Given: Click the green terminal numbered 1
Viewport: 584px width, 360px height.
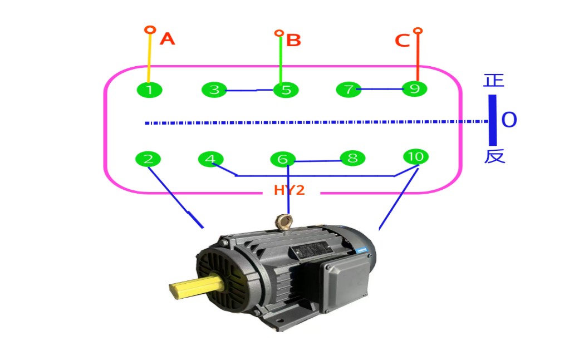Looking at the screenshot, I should pyautogui.click(x=149, y=90).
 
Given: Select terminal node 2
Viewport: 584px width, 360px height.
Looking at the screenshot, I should pyautogui.click(x=148, y=159).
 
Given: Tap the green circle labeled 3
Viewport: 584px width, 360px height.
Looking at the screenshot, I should pyautogui.click(x=214, y=90).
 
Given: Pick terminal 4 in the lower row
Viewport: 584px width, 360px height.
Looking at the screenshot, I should pyautogui.click(x=210, y=159).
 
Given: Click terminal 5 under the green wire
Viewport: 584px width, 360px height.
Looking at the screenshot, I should pyautogui.click(x=286, y=90).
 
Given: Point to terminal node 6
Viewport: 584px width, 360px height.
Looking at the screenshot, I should pyautogui.click(x=283, y=160).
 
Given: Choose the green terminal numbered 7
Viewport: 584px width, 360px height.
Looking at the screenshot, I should pyautogui.click(x=349, y=90).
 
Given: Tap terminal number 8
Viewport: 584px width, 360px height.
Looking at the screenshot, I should pyautogui.click(x=352, y=158).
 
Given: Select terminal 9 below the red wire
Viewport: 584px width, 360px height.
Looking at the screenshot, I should pyautogui.click(x=415, y=88).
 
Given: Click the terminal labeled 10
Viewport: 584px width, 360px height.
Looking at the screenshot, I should pyautogui.click(x=415, y=157).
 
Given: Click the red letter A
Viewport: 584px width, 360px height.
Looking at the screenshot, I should pyautogui.click(x=167, y=39).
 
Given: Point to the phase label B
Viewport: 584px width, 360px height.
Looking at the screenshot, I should pyautogui.click(x=293, y=41).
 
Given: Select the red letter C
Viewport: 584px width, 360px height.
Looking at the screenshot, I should pyautogui.click(x=402, y=41).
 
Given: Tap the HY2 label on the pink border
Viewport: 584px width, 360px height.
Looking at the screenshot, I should pyautogui.click(x=289, y=190).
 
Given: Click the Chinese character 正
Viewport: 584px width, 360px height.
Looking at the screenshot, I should pyautogui.click(x=494, y=81).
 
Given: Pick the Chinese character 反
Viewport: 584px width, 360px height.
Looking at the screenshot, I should pyautogui.click(x=494, y=156).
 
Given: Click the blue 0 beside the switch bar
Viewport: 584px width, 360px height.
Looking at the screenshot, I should pyautogui.click(x=509, y=120).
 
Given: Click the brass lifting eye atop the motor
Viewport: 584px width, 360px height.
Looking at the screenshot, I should pyautogui.click(x=285, y=223).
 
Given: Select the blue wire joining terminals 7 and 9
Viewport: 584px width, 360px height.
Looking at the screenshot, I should pyautogui.click(x=382, y=89).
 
